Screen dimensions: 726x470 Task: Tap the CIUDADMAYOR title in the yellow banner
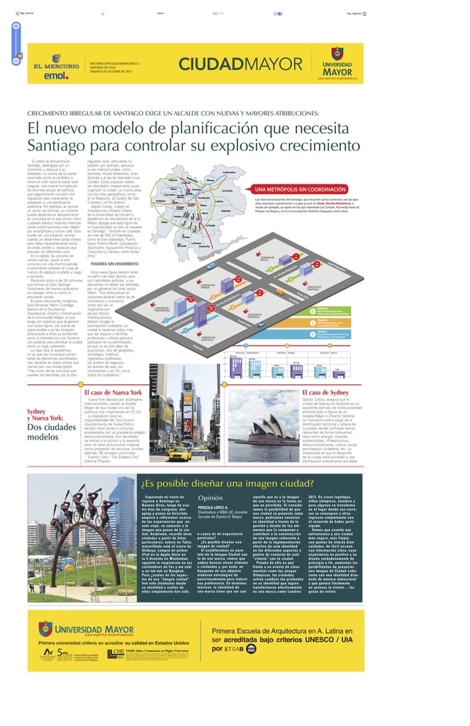[x=230, y=65]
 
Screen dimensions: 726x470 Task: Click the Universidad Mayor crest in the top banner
[x=337, y=54]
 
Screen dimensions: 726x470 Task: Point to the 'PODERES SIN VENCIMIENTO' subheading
[x=114, y=263]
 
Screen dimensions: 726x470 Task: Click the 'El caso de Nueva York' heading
[x=113, y=392]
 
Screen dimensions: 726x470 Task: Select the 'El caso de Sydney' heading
[x=325, y=392]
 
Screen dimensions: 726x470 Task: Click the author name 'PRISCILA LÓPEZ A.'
[x=213, y=508]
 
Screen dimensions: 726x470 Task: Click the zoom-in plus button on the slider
[x=16, y=26]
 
